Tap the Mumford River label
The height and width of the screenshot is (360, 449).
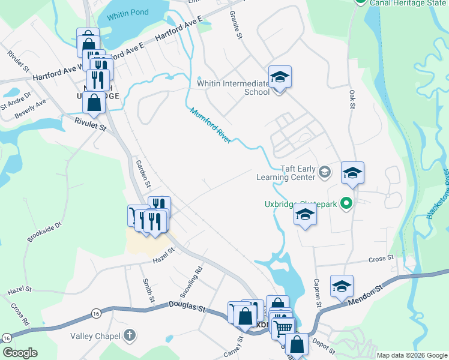pyautogui.click(x=211, y=125)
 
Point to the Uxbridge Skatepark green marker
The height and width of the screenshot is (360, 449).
pyautogui.click(x=346, y=204)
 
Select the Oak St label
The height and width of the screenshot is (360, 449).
pyautogui.click(x=353, y=98)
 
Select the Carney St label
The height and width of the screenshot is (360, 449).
pyautogui.click(x=233, y=346)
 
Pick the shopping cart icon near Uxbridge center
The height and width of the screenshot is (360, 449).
pyautogui.click(x=283, y=327)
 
